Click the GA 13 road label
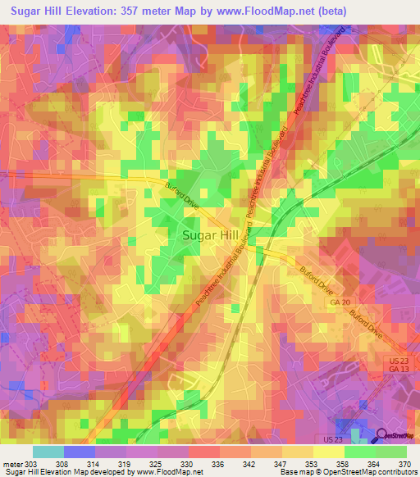pos(398,370)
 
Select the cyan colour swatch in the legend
pos(48,452)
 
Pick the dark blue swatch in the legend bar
pos(80,452)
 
